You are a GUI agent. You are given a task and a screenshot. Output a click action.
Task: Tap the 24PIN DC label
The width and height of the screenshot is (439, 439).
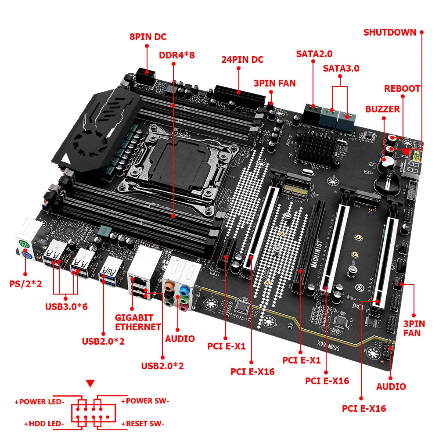click(242, 59)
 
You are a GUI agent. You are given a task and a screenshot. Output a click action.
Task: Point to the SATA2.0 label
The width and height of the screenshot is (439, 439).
click(314, 54)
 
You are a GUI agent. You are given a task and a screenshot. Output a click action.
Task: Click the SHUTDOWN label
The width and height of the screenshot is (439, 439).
click(389, 32)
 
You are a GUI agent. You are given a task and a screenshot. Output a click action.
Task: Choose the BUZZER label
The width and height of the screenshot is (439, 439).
click(383, 109)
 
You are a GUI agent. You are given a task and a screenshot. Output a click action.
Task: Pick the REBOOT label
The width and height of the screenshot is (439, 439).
click(402, 88)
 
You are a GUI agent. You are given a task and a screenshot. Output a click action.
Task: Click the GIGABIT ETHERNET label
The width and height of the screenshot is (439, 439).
click(138, 322)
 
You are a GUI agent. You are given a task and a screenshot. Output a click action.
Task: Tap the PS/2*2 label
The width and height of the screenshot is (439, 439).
click(25, 284)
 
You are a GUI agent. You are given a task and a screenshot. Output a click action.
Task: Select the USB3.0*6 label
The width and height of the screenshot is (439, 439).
click(66, 306)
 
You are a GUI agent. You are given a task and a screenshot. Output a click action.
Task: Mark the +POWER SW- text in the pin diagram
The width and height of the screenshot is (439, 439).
click(145, 401)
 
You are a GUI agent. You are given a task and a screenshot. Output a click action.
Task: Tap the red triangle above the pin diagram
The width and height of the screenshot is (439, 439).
click(90, 384)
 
